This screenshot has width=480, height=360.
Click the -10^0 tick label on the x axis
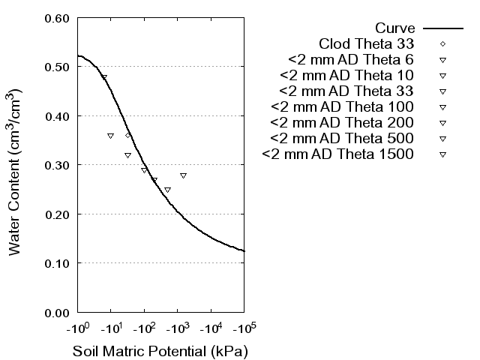coord(77,329)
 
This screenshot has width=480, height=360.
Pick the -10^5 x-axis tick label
coord(244,329)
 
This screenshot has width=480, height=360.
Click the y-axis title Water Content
coord(16,172)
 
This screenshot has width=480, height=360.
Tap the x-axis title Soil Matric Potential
coord(160,351)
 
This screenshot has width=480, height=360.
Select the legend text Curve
coord(394,28)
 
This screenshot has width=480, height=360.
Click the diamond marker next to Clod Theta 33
coord(442,43)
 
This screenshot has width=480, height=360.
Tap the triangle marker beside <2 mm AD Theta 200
coord(442,122)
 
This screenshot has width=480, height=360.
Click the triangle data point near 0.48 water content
coord(104,77)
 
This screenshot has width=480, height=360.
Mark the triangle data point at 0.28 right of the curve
coord(183,175)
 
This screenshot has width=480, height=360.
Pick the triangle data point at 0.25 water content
coord(167,190)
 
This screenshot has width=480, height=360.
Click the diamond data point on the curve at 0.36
coord(128,136)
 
